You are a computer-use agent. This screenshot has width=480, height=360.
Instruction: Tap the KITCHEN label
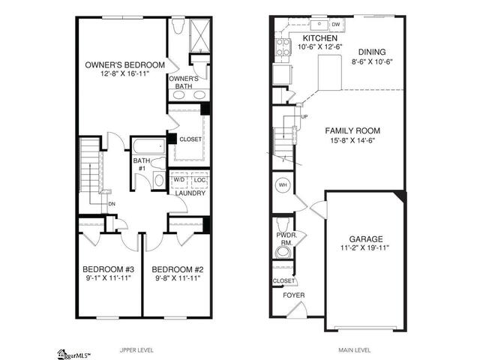click(x=319, y=37)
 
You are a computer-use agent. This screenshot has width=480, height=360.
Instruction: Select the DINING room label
click(x=373, y=52)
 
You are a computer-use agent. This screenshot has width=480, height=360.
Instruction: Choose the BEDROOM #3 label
click(x=108, y=268)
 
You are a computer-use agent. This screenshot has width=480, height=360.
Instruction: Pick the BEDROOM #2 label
click(x=177, y=268)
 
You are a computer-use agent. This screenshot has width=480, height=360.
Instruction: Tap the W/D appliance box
click(x=179, y=180)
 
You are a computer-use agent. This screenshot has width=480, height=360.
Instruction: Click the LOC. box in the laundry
click(x=199, y=180)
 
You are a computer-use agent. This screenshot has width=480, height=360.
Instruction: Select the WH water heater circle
click(x=283, y=184)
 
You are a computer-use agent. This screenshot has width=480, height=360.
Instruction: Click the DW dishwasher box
click(x=337, y=23)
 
